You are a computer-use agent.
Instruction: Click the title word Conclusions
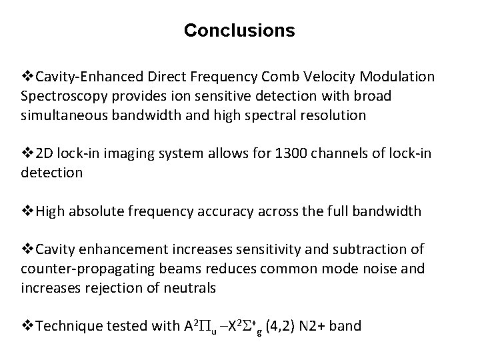(x=239, y=31)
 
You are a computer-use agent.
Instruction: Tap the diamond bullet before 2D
(x=27, y=155)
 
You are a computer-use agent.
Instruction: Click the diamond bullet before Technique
(x=27, y=327)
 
